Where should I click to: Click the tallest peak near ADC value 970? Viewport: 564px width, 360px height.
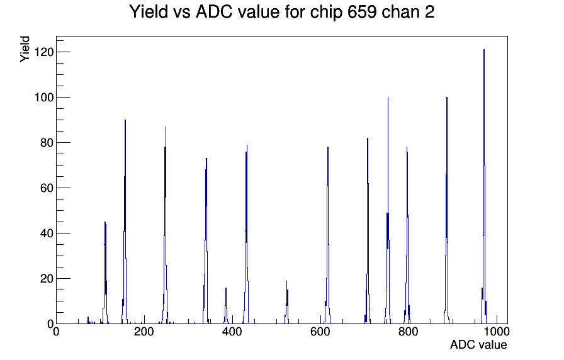(484, 187)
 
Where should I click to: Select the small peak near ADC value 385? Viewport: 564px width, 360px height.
(226, 306)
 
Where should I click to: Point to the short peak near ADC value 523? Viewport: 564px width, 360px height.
(286, 303)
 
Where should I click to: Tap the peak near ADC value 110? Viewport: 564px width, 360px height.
(105, 273)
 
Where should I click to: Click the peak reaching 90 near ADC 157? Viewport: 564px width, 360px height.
(125, 223)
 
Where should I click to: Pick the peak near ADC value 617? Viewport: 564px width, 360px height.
(328, 235)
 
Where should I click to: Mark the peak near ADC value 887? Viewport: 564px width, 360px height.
(446, 210)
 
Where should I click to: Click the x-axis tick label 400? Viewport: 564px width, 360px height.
(232, 332)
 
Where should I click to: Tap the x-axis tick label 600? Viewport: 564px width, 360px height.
(320, 332)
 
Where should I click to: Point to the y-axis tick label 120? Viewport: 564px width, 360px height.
(44, 52)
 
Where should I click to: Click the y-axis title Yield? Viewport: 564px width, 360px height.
(25, 49)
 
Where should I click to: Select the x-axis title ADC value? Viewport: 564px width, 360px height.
(478, 344)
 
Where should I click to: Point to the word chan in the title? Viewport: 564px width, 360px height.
(398, 12)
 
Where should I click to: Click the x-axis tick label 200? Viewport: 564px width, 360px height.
(144, 332)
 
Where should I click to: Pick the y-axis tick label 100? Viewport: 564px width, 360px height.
(44, 98)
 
